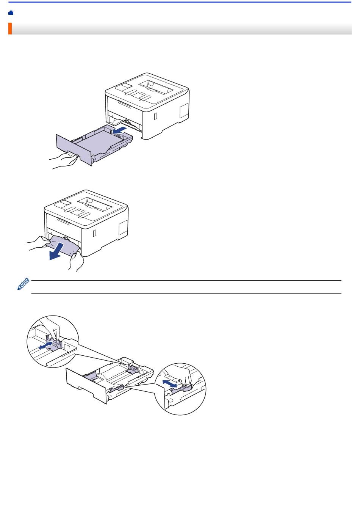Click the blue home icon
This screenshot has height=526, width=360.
click(x=11, y=13)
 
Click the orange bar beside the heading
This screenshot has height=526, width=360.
click(x=10, y=29)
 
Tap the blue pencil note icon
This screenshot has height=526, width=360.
click(x=23, y=284)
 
